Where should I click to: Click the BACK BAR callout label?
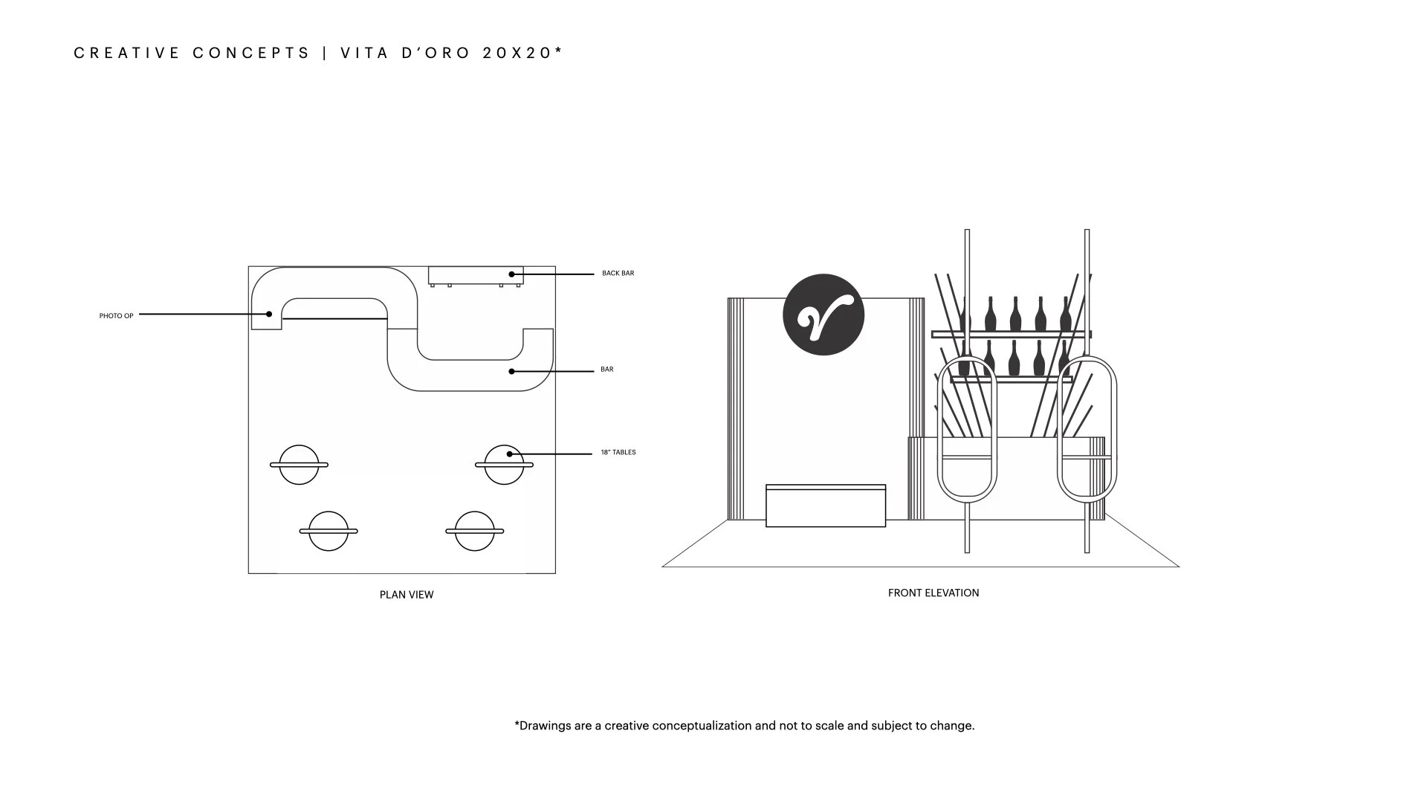pyautogui.click(x=618, y=274)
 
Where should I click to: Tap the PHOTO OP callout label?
pyautogui.click(x=116, y=316)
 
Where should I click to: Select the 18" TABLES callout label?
pyautogui.click(x=618, y=452)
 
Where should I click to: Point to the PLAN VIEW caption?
pyautogui.click(x=406, y=595)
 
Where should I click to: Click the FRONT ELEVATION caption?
pyautogui.click(x=933, y=593)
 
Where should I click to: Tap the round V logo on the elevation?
pyautogui.click(x=823, y=315)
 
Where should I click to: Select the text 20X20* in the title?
pyautogui.click(x=522, y=53)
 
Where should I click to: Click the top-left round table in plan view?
pyautogui.click(x=299, y=465)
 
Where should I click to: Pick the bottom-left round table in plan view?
pyautogui.click(x=328, y=531)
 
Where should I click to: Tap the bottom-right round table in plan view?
pyautogui.click(x=474, y=531)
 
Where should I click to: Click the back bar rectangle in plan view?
pyautogui.click(x=476, y=275)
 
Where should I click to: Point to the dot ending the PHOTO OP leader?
pyautogui.click(x=269, y=314)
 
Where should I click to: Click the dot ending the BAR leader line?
pyautogui.click(x=511, y=371)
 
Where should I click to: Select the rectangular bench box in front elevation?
pyautogui.click(x=825, y=506)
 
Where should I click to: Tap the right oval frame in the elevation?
pyautogui.click(x=1087, y=429)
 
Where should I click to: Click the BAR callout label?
pyautogui.click(x=606, y=370)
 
